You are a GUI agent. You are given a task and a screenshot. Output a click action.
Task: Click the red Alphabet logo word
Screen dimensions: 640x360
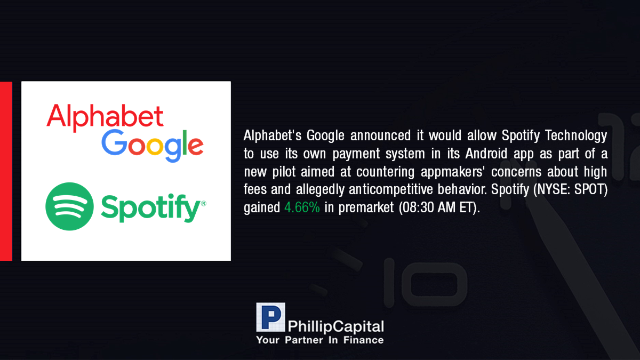click(105, 118)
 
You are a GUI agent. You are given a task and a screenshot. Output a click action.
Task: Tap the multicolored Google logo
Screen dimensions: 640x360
click(153, 146)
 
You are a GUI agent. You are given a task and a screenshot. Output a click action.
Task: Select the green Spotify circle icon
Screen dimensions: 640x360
click(69, 206)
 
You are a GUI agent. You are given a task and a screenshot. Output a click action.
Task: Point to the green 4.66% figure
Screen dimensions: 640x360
click(302, 207)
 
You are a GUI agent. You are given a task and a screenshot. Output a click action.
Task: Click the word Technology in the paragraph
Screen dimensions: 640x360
click(576, 135)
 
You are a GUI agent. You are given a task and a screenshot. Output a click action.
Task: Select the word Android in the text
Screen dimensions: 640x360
click(486, 154)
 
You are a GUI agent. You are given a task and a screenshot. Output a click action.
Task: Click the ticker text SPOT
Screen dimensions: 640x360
click(590, 189)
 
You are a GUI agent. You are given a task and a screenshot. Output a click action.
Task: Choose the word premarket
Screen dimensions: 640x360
click(366, 207)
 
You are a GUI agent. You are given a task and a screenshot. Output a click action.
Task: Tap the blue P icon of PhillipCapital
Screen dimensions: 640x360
click(270, 317)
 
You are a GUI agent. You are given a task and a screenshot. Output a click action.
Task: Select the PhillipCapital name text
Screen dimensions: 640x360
click(335, 326)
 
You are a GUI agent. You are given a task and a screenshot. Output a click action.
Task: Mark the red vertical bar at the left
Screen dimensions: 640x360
click(6, 171)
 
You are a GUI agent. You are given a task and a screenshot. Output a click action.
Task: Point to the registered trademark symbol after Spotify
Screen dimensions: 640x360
click(204, 203)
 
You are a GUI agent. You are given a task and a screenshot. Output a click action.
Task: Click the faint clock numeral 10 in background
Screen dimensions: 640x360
click(425, 283)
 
